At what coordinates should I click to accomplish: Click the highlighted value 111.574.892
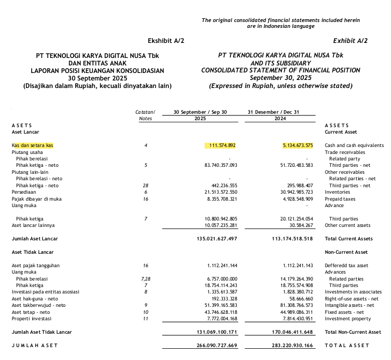[x=221, y=145]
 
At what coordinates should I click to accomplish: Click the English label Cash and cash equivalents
[x=354, y=145]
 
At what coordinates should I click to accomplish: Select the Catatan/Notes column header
[x=146, y=115]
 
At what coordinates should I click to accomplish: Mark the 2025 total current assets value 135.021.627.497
[x=214, y=238]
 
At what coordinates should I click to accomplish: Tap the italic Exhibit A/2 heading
[x=350, y=41]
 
